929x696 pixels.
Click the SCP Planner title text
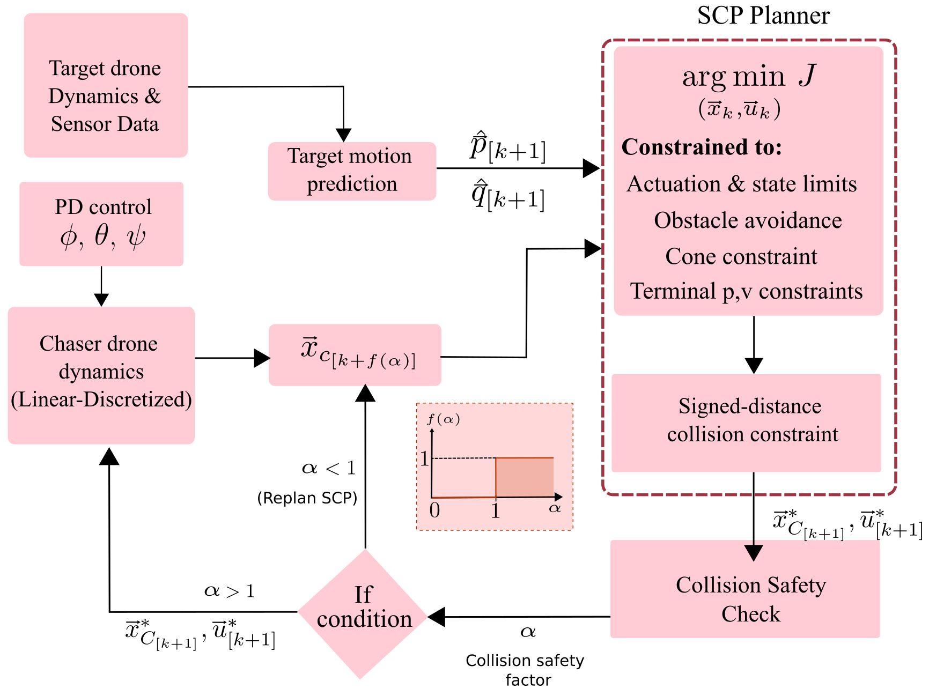point(763,16)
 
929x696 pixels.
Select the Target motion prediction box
point(352,171)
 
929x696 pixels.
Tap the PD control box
point(102,224)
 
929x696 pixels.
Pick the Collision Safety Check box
point(745,589)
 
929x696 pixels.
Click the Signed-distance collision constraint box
point(746,423)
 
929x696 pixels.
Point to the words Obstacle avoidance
point(748,221)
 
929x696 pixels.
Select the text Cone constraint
point(741,257)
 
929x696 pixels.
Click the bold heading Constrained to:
point(702,147)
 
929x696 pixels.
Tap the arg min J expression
point(748,77)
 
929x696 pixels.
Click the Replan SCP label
point(307,498)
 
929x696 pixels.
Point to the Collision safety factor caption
point(525,670)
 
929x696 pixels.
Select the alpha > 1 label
point(230,591)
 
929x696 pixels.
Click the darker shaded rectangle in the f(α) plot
point(525,477)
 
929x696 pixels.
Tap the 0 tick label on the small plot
point(434,510)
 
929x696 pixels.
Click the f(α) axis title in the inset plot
point(444,419)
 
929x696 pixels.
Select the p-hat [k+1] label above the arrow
point(507,147)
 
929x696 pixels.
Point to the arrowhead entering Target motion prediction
point(343,135)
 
